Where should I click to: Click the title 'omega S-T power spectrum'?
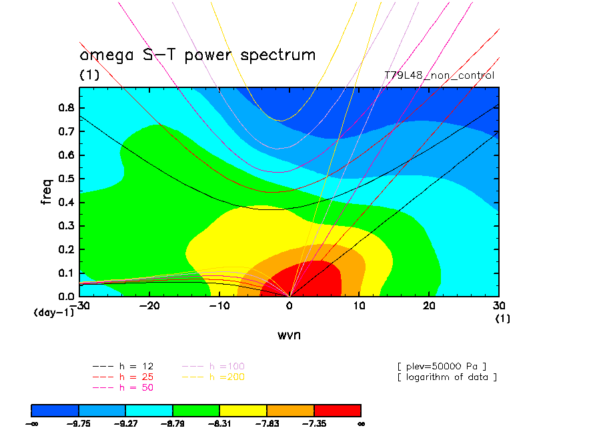tap(197, 55)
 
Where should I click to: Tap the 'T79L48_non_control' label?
tap(440, 75)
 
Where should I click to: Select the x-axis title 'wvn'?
tap(289, 335)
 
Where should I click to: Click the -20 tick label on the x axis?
tap(150, 306)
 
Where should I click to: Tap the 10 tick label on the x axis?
tap(359, 306)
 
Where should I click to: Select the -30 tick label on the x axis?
tap(80, 306)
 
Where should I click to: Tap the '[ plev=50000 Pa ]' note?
tap(442, 367)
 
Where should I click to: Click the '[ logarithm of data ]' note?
tap(447, 377)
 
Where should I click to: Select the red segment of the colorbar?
tap(337, 409)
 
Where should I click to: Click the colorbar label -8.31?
tap(220, 423)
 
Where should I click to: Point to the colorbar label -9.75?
tap(79, 423)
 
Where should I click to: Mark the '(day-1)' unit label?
tap(54, 312)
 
